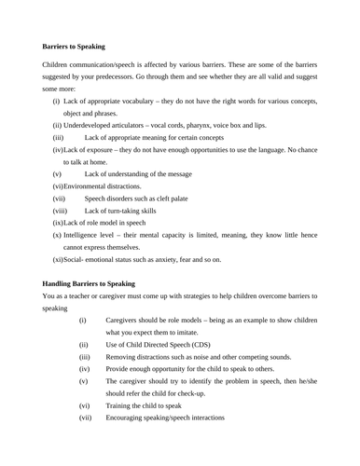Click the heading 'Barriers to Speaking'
74,46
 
